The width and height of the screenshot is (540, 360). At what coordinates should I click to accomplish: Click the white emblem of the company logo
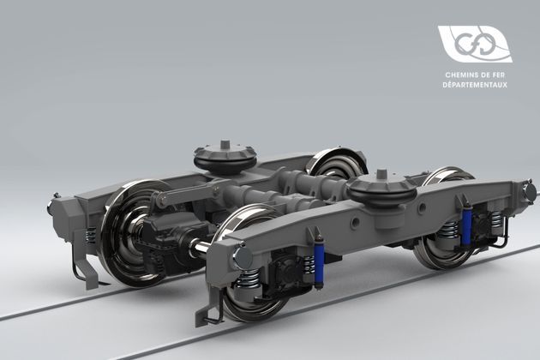[x=473, y=44]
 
